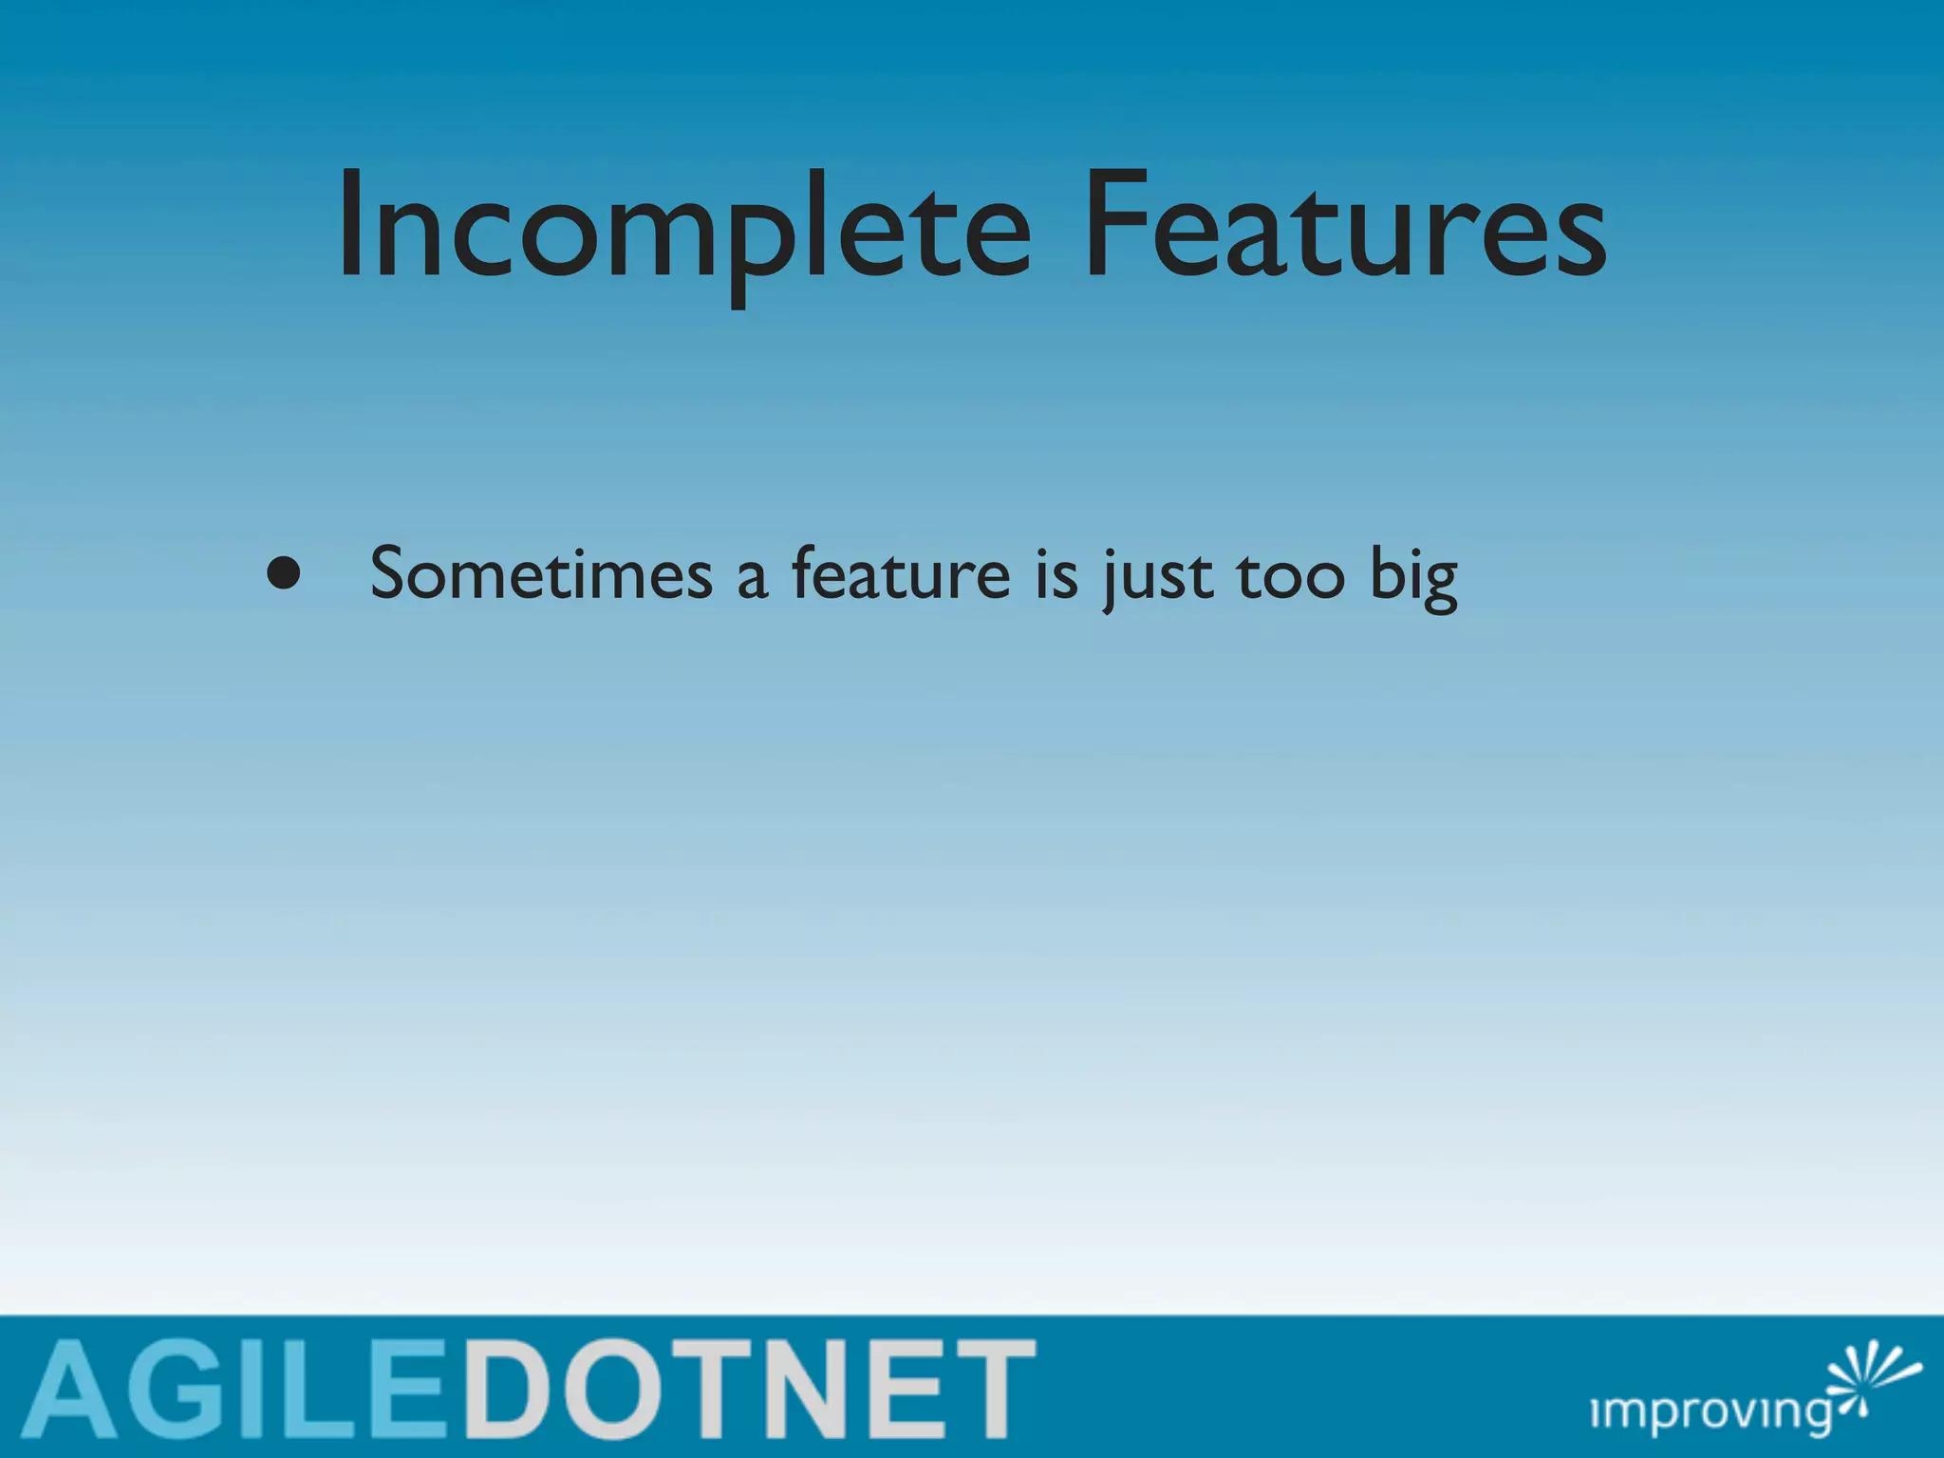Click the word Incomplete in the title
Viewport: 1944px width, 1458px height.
683,228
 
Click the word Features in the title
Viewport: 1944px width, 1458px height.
1343,228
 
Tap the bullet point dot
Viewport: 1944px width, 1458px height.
283,573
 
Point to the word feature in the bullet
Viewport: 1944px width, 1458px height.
900,575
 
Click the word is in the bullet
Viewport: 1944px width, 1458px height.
1056,575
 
